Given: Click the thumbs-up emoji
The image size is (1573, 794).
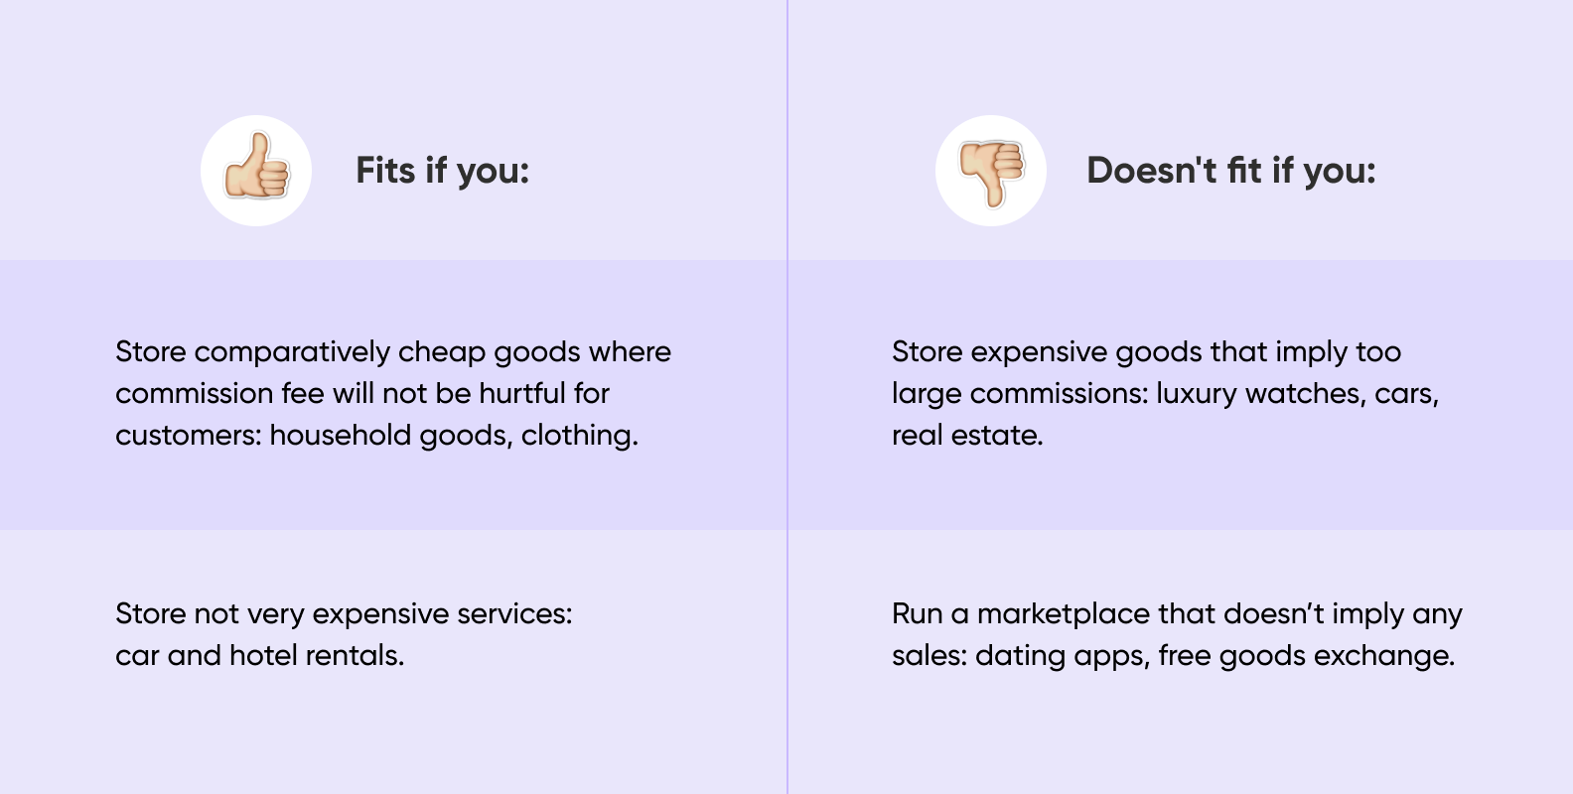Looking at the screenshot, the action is pos(256,167).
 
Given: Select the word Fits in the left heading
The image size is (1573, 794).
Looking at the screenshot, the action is pos(385,171).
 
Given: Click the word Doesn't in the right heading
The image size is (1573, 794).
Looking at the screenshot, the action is pos(1152,171).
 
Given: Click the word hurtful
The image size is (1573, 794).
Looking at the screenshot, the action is pos(522,393).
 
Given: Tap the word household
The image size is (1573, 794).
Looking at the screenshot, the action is pos(341,436).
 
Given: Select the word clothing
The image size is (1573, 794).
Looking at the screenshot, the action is pos(579,436).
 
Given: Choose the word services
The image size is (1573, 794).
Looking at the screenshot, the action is pos(514,614).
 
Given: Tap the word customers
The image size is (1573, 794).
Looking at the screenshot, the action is pos(189,436).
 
